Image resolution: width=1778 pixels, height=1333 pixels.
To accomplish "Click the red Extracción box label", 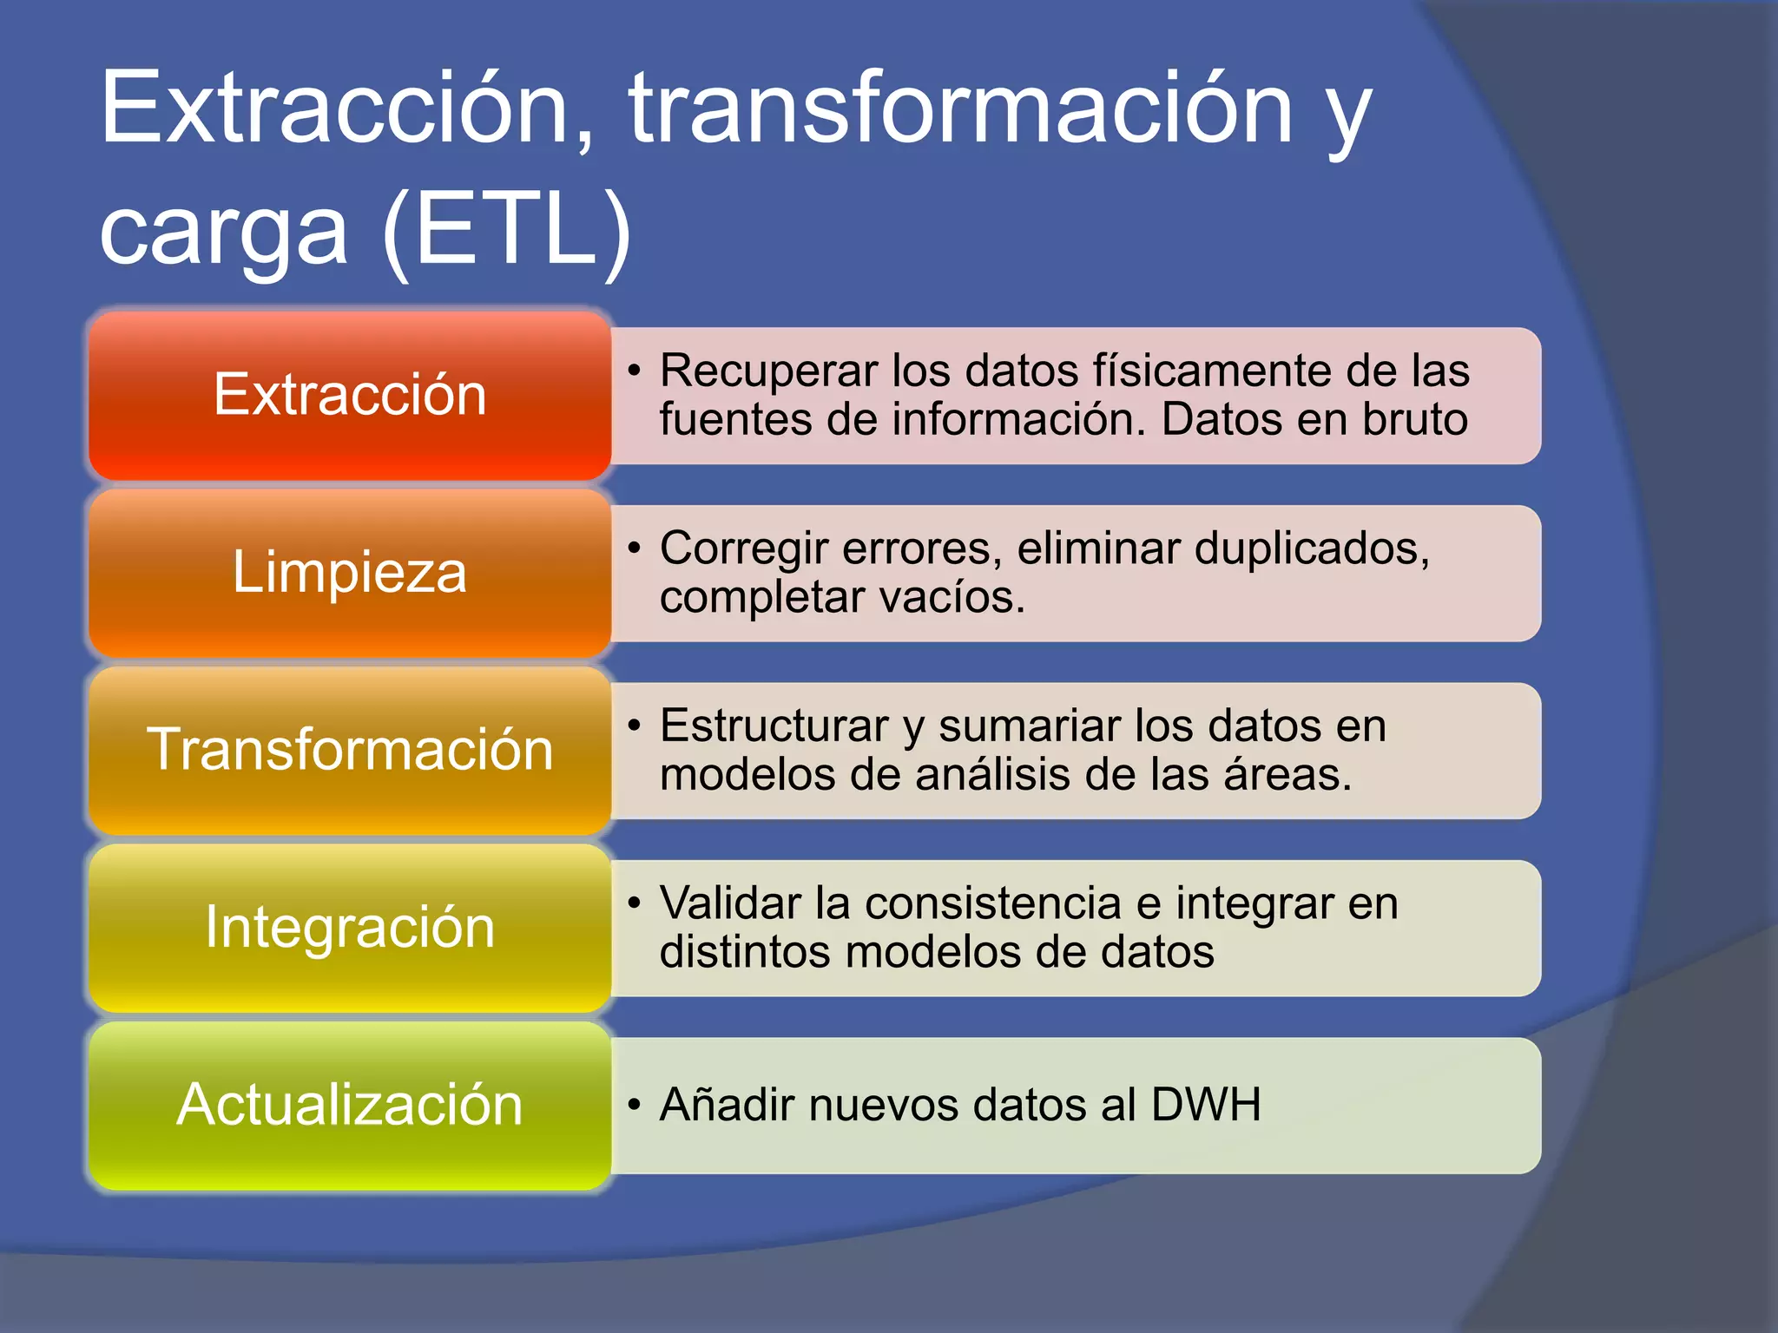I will [350, 395].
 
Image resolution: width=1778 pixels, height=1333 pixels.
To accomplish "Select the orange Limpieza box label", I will [350, 573].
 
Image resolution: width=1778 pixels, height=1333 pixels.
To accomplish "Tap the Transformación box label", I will [350, 750].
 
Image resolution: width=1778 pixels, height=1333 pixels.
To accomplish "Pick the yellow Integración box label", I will [350, 927].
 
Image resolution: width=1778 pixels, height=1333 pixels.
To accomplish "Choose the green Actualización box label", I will [350, 1105].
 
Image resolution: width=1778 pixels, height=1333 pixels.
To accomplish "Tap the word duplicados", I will [1311, 548].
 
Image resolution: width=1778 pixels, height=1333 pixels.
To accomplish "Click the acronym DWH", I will [1206, 1106].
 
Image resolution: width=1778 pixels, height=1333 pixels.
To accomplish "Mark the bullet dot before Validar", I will [635, 903].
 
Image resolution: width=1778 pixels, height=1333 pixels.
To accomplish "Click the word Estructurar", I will [774, 726].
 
